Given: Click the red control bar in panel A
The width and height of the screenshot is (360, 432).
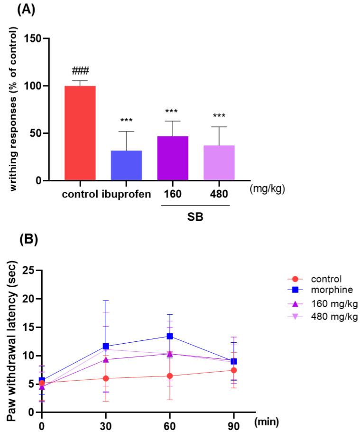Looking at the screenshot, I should pyautogui.click(x=80, y=133).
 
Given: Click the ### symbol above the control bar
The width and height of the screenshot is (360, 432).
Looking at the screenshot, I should pyautogui.click(x=80, y=72).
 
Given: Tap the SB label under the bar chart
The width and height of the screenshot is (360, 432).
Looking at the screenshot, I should pyautogui.click(x=195, y=216).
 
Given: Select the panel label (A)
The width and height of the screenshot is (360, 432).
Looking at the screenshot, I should pyautogui.click(x=26, y=10).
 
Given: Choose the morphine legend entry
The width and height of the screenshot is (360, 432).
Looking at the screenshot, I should pyautogui.click(x=326, y=289).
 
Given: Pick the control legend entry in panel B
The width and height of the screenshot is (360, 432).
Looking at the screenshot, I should pyautogui.click(x=323, y=279).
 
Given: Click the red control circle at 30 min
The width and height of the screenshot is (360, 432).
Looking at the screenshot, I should pyautogui.click(x=106, y=378).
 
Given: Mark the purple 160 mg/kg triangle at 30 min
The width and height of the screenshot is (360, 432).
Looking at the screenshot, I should pyautogui.click(x=106, y=359).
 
